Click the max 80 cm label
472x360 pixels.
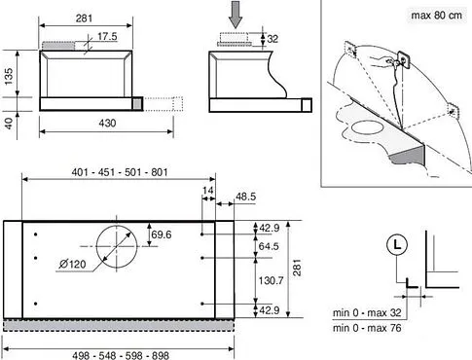pos(436,16)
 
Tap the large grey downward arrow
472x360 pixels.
pos(236,15)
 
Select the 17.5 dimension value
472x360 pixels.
pos(107,36)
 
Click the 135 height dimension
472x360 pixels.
pos(9,76)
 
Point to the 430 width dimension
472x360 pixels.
pos(107,124)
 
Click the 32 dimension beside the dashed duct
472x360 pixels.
pos(272,39)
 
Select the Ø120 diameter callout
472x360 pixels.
pos(72,264)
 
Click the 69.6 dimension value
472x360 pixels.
pos(162,234)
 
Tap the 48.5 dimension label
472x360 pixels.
pos(245,197)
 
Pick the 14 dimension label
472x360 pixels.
pos(207,190)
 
